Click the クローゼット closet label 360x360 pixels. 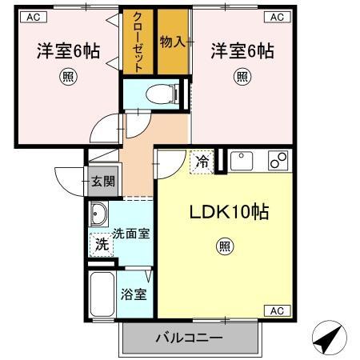coord(137,42)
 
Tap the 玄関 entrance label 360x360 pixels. coord(102,181)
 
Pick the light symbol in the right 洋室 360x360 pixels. coord(242,78)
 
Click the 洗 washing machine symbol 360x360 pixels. coord(102,245)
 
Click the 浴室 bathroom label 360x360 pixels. coord(134,294)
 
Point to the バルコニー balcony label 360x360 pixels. coord(189,339)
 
